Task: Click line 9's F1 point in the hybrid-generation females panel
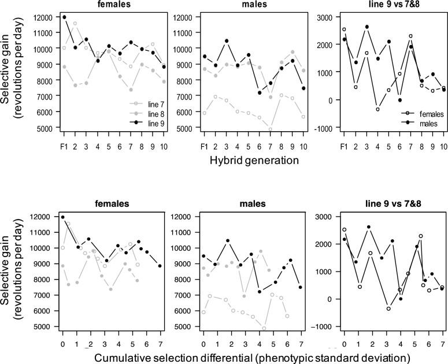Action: [x=64, y=17]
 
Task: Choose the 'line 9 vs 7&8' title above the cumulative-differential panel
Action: [x=383, y=203]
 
